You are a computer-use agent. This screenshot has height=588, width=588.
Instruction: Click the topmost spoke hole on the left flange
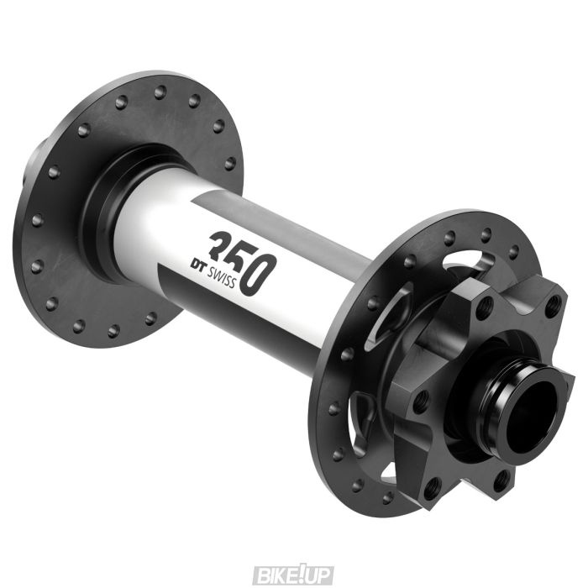(x=159, y=87)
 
